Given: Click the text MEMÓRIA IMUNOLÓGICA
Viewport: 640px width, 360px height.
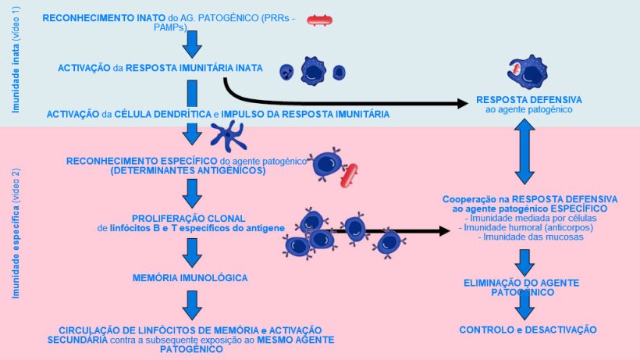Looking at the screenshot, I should point(191,277).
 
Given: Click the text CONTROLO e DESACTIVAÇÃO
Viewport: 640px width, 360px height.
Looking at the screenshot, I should point(528,330).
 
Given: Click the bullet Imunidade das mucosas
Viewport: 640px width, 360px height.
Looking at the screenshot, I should point(531,237).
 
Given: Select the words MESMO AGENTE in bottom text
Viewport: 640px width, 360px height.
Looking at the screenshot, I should point(296,341).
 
